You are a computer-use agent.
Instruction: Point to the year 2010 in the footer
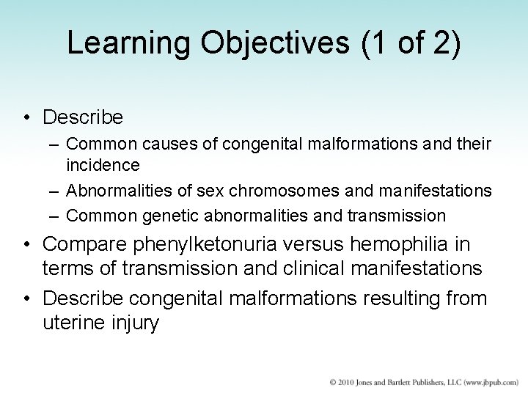pyautogui.click(x=343, y=381)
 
